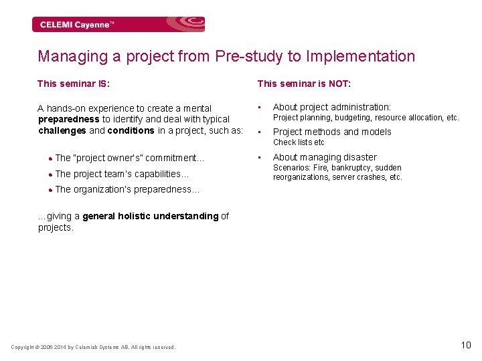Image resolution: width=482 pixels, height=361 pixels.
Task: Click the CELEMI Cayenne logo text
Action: pyautogui.click(x=77, y=25)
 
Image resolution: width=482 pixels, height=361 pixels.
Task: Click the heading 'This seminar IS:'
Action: pyautogui.click(x=74, y=84)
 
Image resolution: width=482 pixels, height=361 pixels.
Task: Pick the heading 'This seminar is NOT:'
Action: pyautogui.click(x=304, y=84)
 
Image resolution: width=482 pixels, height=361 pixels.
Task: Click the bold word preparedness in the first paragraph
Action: pyautogui.click(x=69, y=120)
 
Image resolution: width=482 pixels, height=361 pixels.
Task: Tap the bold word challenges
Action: pyautogui.click(x=62, y=130)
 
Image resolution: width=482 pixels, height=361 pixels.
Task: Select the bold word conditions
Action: pyautogui.click(x=131, y=130)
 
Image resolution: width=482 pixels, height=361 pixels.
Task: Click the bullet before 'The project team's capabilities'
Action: pyautogui.click(x=50, y=174)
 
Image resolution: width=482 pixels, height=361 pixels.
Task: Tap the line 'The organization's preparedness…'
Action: pyautogui.click(x=127, y=189)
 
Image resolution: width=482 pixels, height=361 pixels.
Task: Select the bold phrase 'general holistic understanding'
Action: pyautogui.click(x=151, y=216)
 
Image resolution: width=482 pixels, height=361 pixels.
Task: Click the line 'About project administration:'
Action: pyautogui.click(x=332, y=107)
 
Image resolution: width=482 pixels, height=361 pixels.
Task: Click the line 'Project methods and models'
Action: pyautogui.click(x=332, y=132)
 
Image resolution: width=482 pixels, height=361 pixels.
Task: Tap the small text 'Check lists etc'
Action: pyautogui.click(x=299, y=142)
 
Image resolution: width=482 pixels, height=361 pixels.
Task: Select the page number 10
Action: pyautogui.click(x=466, y=345)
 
